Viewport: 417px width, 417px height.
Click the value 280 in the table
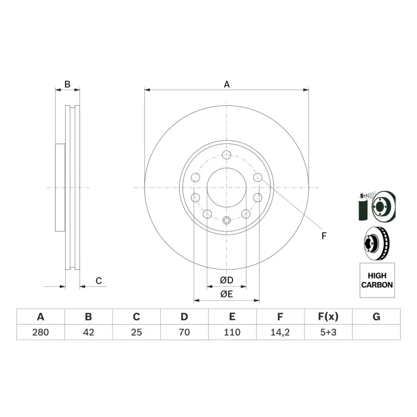point(41,332)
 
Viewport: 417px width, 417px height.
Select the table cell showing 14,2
point(280,332)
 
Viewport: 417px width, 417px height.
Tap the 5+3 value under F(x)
point(328,332)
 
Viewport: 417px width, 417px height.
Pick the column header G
point(376,317)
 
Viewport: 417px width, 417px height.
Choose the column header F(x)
point(328,317)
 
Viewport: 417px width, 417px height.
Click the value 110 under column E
point(232,332)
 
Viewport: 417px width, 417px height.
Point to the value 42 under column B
point(89,332)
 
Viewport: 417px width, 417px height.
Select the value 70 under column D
point(185,332)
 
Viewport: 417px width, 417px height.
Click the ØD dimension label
point(227,280)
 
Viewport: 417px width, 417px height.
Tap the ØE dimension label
point(227,294)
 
